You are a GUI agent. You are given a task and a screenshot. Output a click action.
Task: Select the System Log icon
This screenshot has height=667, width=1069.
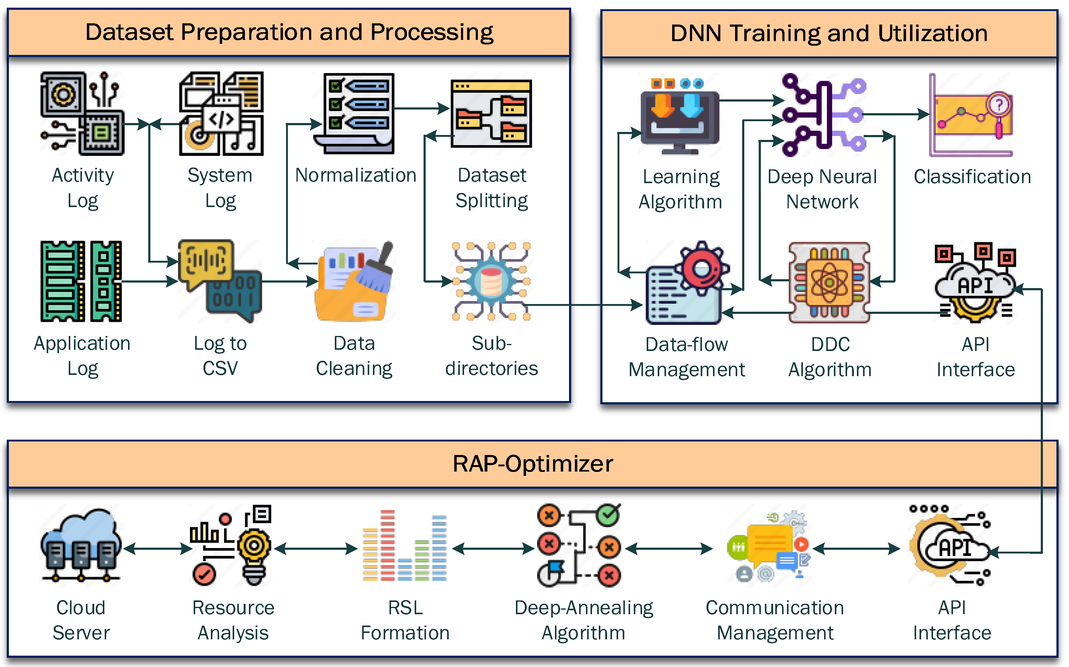tap(221, 114)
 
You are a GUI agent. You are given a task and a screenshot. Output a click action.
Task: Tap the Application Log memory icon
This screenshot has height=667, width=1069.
tap(81, 281)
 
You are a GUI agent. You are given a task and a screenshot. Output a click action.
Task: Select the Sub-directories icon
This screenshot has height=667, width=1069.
tap(491, 281)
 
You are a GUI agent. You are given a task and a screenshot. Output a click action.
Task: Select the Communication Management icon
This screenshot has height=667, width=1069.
tap(770, 547)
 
